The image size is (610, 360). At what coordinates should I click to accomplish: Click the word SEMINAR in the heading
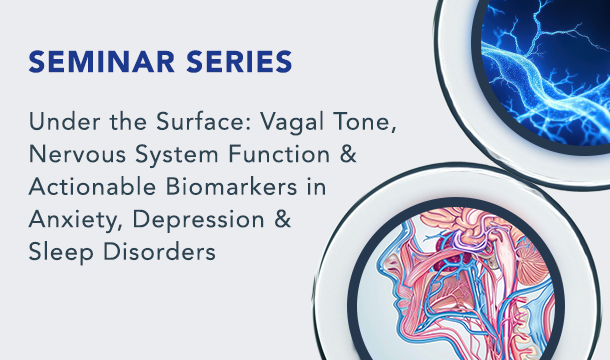tap(102, 62)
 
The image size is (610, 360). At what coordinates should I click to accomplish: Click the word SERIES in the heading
tap(239, 62)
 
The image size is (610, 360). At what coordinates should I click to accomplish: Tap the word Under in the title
tap(65, 121)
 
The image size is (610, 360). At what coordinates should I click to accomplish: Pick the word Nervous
tap(77, 154)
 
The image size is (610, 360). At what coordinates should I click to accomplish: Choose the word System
tap(177, 156)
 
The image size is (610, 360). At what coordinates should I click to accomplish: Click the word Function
tap(279, 154)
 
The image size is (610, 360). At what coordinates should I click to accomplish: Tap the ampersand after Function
tap(348, 154)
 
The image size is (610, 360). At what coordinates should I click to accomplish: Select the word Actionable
tap(92, 187)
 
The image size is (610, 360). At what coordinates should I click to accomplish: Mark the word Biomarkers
tap(231, 187)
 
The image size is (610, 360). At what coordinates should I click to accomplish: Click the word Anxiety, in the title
tap(76, 220)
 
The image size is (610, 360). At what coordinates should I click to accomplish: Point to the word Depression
tap(199, 221)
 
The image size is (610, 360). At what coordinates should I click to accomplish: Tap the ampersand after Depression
tap(283, 220)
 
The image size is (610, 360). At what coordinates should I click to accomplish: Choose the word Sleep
tap(61, 253)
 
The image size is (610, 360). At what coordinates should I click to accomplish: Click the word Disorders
tap(159, 252)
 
